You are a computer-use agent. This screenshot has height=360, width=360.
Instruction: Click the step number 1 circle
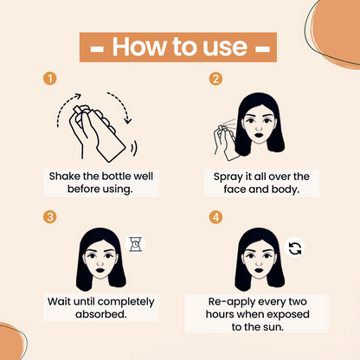tap(49, 79)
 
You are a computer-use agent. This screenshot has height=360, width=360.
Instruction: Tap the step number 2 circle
tap(215, 79)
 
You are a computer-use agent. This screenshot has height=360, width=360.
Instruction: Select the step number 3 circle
tap(49, 217)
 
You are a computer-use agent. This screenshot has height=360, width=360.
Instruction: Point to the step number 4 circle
tap(215, 217)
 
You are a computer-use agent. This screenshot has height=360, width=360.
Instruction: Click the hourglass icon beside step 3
tap(135, 244)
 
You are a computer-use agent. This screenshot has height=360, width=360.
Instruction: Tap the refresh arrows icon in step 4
tap(295, 247)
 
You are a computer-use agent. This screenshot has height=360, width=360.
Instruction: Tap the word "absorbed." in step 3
tap(101, 314)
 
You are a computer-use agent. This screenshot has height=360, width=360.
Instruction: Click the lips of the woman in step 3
tap(100, 271)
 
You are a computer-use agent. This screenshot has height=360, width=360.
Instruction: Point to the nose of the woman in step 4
tap(259, 264)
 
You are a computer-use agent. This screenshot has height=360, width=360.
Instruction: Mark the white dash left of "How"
tap(97, 49)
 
